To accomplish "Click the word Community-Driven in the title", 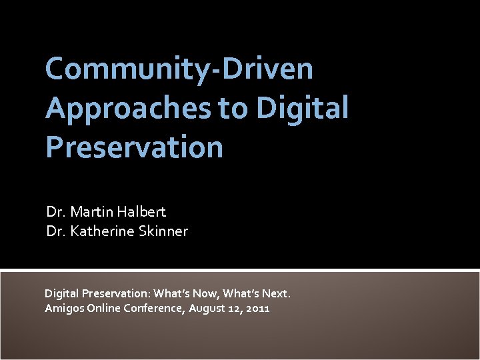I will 179,69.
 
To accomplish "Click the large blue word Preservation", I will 134,147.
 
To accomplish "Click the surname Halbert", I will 142,212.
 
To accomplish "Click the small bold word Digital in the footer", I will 61,293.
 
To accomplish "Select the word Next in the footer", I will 275,293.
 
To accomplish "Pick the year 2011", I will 257,308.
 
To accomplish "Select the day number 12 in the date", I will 236,308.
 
